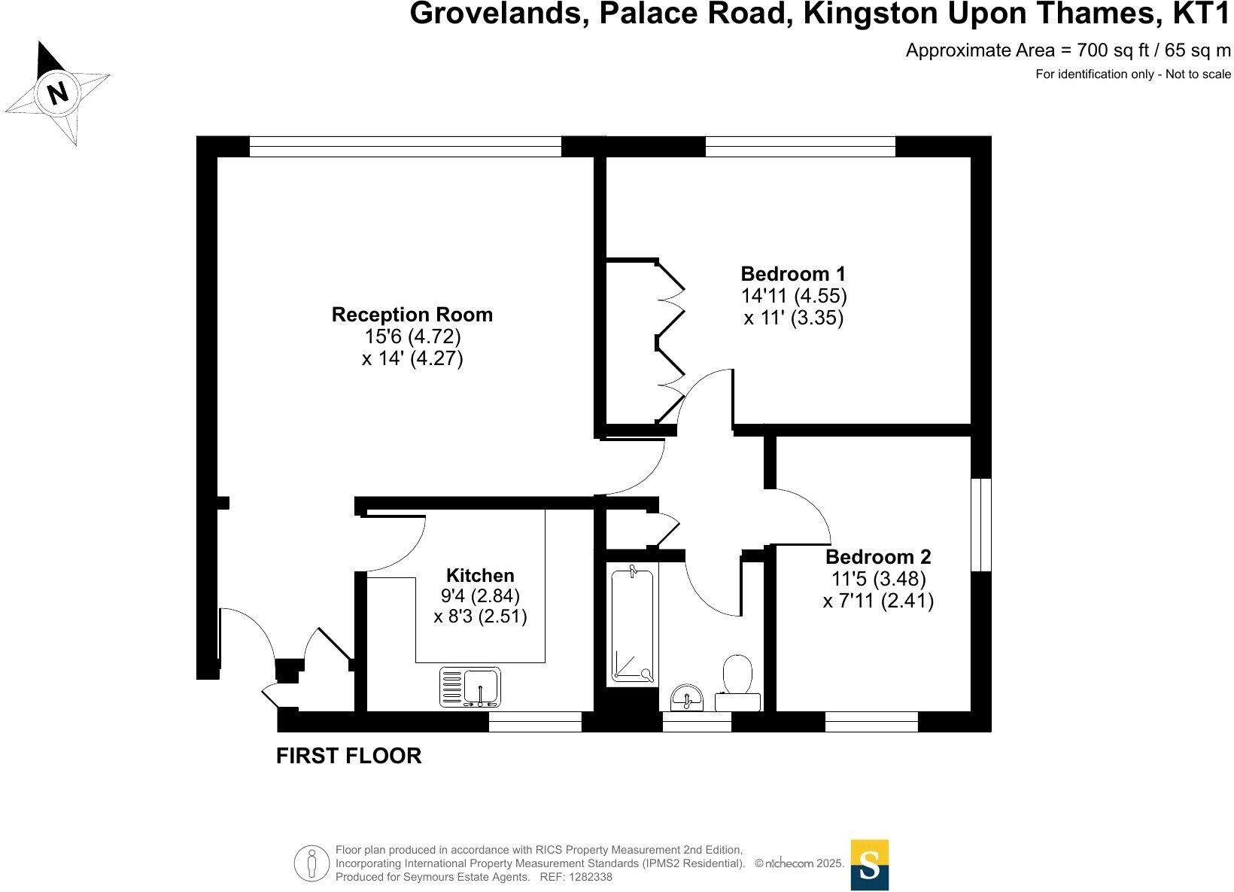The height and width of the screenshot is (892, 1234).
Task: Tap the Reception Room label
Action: [x=412, y=315]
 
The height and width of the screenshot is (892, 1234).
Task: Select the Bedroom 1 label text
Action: [x=793, y=273]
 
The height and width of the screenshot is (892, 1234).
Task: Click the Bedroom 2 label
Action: [x=877, y=557]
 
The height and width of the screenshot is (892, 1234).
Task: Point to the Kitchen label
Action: [x=480, y=576]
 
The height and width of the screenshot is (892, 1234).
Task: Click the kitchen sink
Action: [x=470, y=688]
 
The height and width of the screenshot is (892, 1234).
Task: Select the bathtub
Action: [x=632, y=625]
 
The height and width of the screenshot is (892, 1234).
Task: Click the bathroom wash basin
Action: [x=686, y=698]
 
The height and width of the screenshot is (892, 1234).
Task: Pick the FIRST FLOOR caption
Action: [x=348, y=756]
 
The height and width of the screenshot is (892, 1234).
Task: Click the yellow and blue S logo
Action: [x=869, y=865]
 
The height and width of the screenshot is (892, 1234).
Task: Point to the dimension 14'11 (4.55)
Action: [x=793, y=295]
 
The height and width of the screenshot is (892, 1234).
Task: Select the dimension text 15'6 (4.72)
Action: [x=412, y=336]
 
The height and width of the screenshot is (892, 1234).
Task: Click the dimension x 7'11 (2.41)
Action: [x=877, y=601]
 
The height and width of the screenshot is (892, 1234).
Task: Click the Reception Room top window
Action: [x=405, y=146]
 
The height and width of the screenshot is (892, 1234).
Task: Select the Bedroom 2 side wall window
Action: [x=980, y=525]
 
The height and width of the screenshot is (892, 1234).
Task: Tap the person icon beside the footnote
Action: [x=312, y=863]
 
